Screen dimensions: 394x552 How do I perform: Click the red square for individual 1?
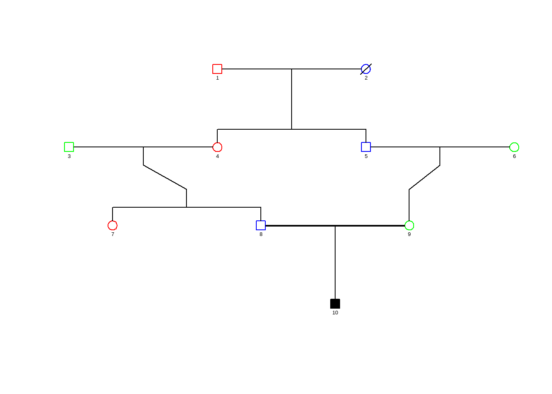pyautogui.click(x=217, y=69)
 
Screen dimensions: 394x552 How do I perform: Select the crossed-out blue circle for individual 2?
pyautogui.click(x=366, y=69)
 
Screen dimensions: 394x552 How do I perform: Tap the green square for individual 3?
pyautogui.click(x=69, y=147)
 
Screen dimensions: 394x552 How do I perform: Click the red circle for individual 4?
pyautogui.click(x=217, y=147)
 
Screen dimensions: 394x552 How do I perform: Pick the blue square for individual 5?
pyautogui.click(x=366, y=147)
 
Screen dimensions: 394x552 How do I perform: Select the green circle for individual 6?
pyautogui.click(x=514, y=147)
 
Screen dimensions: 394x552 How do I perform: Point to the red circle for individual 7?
pyautogui.click(x=113, y=225)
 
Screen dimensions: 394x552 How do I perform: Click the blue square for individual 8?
pyautogui.click(x=261, y=225)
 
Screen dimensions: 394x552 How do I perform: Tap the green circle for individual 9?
pyautogui.click(x=409, y=225)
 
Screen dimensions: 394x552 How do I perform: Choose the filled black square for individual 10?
pyautogui.click(x=335, y=304)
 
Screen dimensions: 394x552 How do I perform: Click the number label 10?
pyautogui.click(x=335, y=313)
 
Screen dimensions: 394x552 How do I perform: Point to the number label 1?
pyautogui.click(x=217, y=78)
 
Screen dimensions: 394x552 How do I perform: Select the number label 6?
pyautogui.click(x=514, y=156)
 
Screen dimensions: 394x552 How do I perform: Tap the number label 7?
pyautogui.click(x=113, y=234)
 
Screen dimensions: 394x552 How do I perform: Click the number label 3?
pyautogui.click(x=69, y=156)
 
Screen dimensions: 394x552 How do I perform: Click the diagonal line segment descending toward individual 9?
pyautogui.click(x=424, y=177)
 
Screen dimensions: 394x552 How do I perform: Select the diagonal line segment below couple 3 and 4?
pyautogui.click(x=165, y=177)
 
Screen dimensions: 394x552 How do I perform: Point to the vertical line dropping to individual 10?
pyautogui.click(x=335, y=263)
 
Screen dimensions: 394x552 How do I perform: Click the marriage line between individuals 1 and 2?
pyautogui.click(x=255, y=69)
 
